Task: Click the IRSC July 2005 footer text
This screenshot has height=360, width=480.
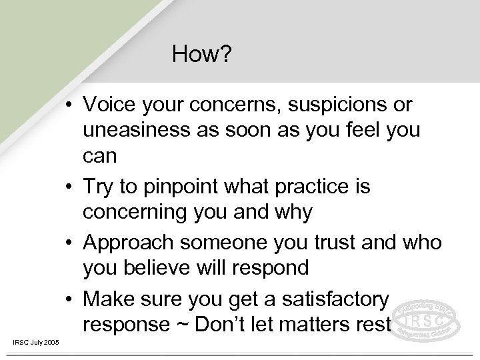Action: click(x=35, y=343)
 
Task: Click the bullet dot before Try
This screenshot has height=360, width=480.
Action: click(x=71, y=188)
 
